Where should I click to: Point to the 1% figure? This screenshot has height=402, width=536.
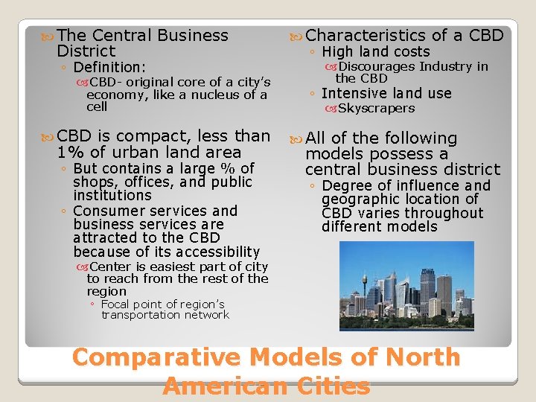tap(68, 153)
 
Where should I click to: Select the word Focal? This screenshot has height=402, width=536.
tap(118, 304)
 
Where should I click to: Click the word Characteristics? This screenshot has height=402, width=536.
tap(366, 35)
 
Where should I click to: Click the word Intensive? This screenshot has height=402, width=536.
tap(354, 93)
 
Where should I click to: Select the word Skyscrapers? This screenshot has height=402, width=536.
tap(376, 109)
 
